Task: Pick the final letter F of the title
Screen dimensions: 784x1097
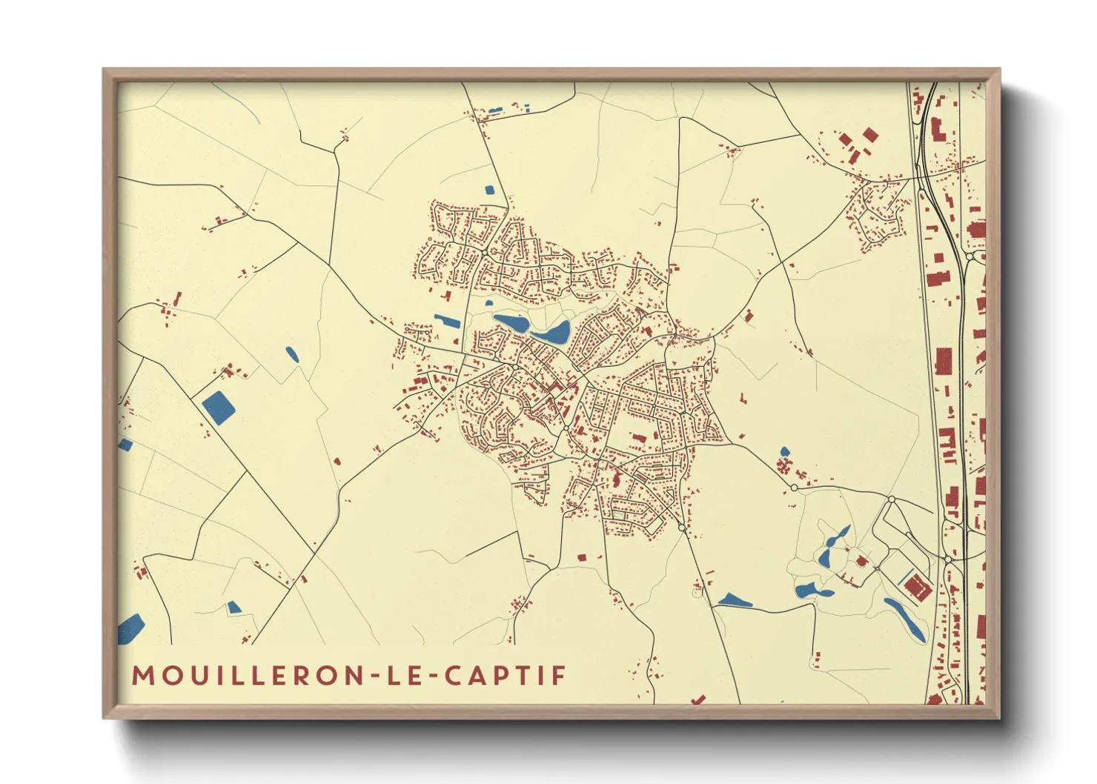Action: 560,676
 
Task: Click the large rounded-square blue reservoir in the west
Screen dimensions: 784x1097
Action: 219,408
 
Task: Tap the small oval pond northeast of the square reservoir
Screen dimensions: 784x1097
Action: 292,354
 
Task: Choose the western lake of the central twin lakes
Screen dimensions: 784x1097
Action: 511,323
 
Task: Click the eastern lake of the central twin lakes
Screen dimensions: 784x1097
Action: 552,333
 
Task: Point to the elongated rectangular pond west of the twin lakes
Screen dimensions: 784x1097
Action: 448,322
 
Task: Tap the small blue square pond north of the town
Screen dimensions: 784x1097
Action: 489,190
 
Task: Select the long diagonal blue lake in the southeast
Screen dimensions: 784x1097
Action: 905,619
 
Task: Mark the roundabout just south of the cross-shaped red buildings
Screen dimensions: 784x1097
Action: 794,488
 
